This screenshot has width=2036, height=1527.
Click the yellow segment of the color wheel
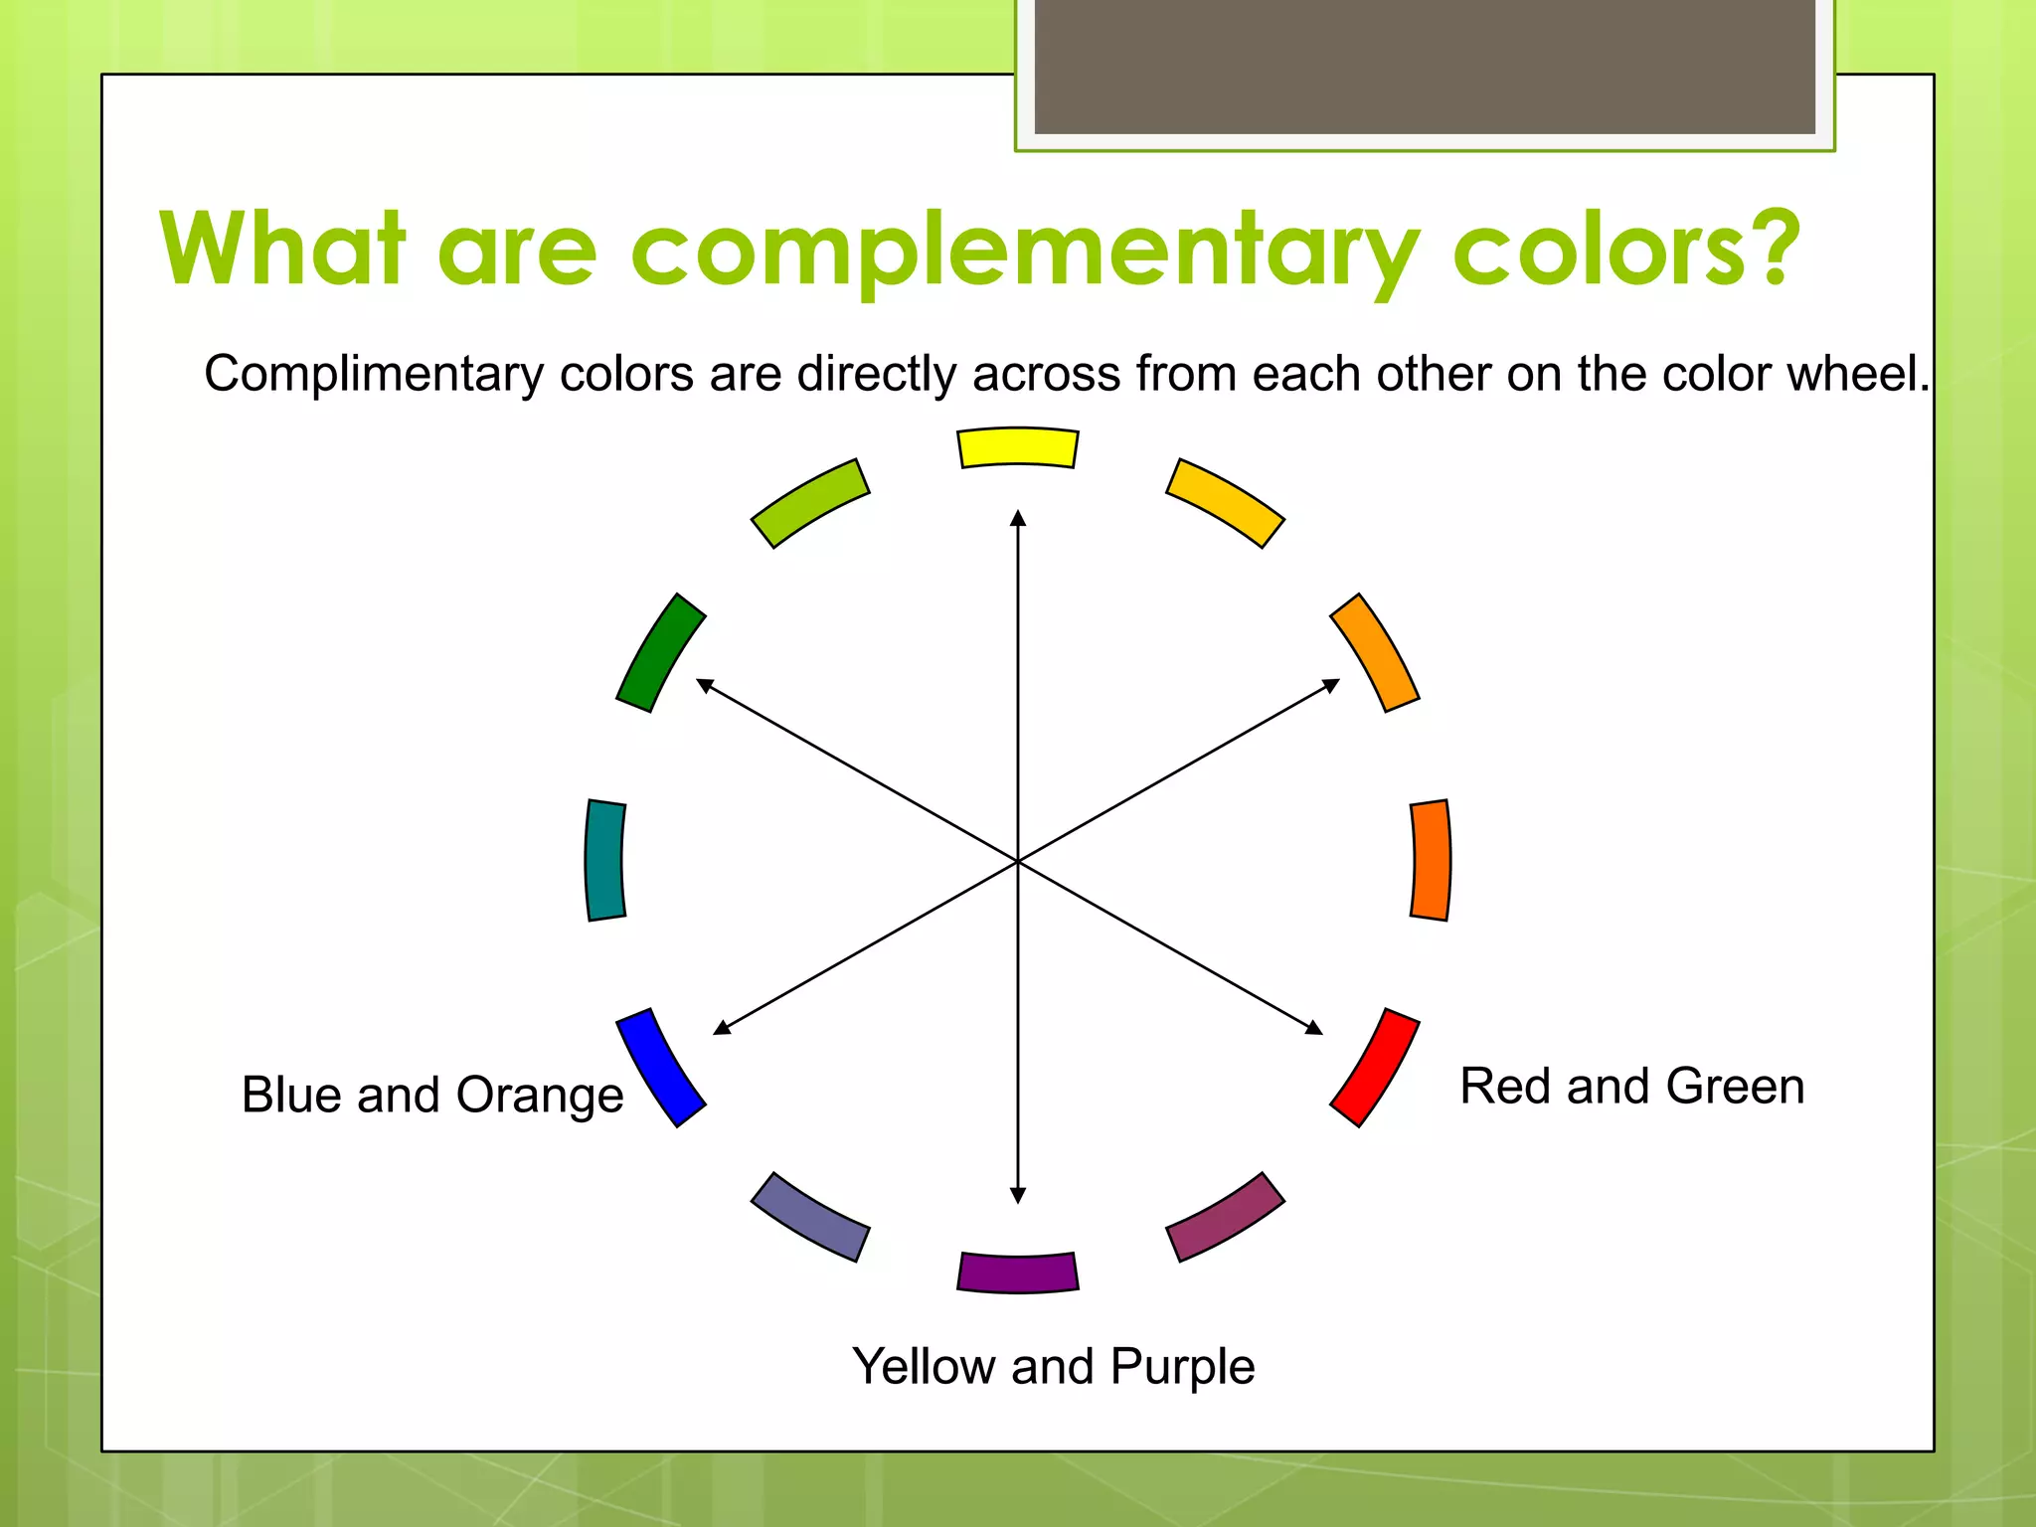pos(1017,447)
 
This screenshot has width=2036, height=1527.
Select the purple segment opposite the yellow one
pos(1017,1272)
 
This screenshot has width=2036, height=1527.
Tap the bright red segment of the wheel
pos(1375,1067)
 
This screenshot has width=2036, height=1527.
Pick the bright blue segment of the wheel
pos(660,1067)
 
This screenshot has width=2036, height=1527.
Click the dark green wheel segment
pos(660,652)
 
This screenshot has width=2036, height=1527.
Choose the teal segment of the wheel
pos(604,860)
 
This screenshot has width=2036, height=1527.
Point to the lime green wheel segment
pos(810,503)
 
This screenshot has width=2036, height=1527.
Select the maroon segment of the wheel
pos(1225,1217)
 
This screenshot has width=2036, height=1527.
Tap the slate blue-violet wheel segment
pos(810,1217)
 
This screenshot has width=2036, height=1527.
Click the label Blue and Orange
pos(432,1095)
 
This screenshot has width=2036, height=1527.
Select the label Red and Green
pos(1631,1086)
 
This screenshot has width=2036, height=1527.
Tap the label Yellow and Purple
pos(1053,1366)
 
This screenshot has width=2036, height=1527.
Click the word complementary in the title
pos(1024,251)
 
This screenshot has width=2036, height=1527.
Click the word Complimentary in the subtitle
pos(373,375)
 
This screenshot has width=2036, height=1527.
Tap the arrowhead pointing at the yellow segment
pos(1017,518)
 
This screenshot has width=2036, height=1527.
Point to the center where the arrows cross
pos(1017,861)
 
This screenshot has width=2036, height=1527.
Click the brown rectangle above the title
pos(1425,66)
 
